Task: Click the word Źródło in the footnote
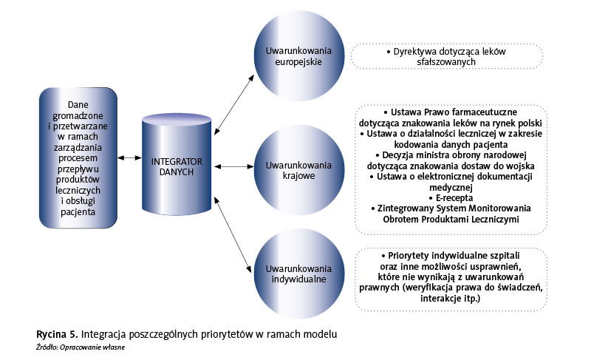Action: [x=47, y=346]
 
